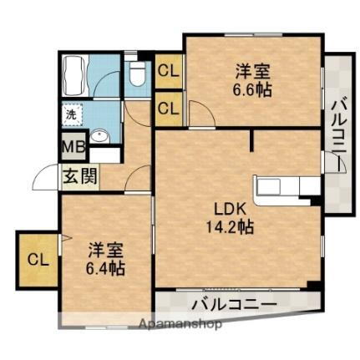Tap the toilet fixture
tap(138, 76)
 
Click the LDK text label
tap(224, 208)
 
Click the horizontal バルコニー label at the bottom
tap(233, 302)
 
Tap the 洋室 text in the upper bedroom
tap(251, 70)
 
